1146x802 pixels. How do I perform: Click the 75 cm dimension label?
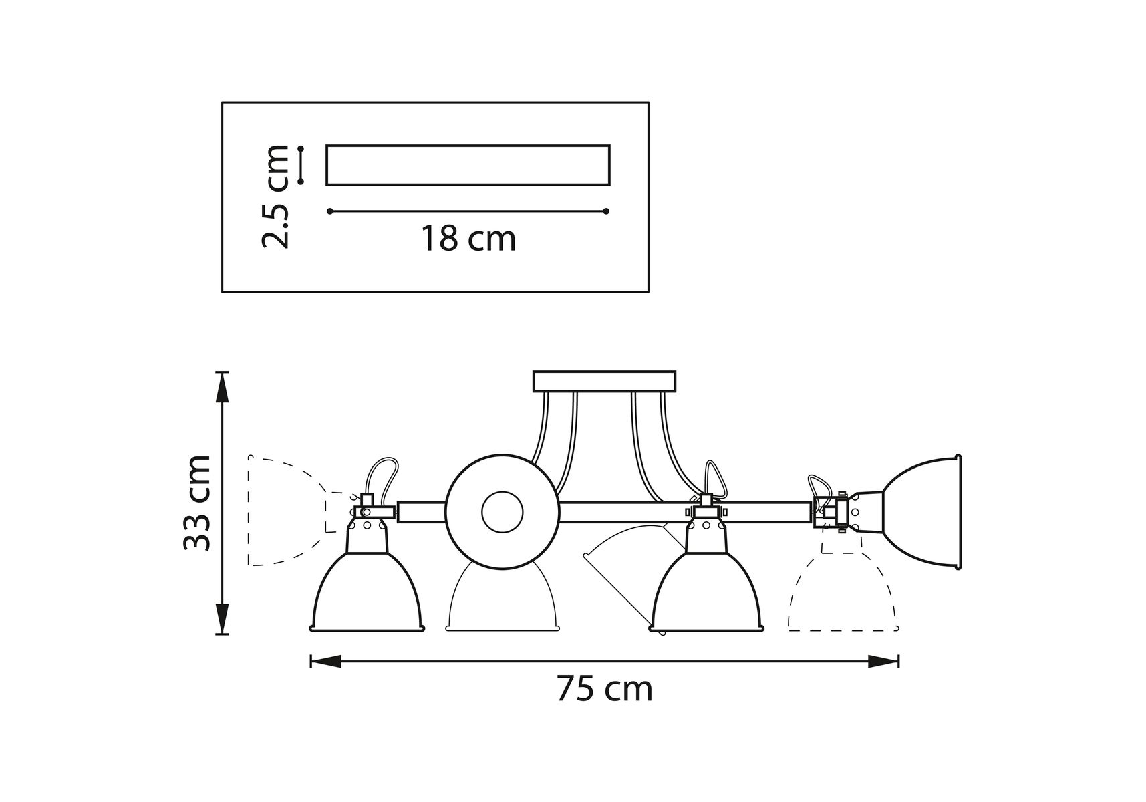pyautogui.click(x=605, y=689)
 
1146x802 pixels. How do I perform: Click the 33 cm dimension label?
pyautogui.click(x=198, y=503)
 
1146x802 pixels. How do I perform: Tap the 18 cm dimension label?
pyautogui.click(x=468, y=239)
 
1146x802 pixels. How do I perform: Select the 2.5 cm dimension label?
pyautogui.click(x=275, y=196)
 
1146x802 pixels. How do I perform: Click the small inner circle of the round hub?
pyautogui.click(x=502, y=513)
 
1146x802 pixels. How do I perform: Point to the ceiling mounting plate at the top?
pyautogui.click(x=604, y=381)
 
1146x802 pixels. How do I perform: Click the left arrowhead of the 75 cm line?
pyautogui.click(x=325, y=662)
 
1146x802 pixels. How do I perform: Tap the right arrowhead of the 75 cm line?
pyautogui.click(x=883, y=662)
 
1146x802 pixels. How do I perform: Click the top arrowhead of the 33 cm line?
pyautogui.click(x=223, y=387)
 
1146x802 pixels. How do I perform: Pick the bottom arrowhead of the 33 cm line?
pyautogui.click(x=223, y=618)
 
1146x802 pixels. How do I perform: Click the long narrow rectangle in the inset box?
pyautogui.click(x=468, y=165)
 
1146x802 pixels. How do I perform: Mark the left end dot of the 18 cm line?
pyautogui.click(x=330, y=211)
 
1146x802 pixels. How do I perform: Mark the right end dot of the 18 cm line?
pyautogui.click(x=606, y=211)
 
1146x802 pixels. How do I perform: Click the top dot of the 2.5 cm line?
pyautogui.click(x=301, y=148)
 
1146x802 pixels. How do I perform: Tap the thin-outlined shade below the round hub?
pyautogui.click(x=501, y=598)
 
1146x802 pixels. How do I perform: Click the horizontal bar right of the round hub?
pyautogui.click(x=684, y=512)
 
